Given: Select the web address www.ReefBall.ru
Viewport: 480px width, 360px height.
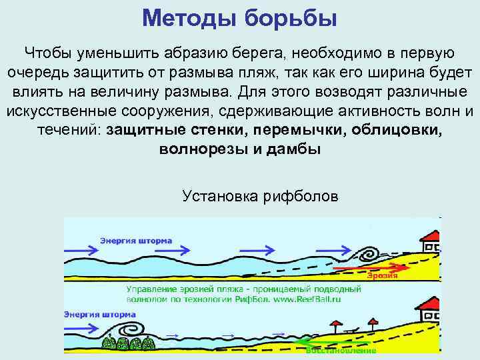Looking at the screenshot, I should (314, 299).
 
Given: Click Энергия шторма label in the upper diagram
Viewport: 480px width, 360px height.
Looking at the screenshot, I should (136, 240).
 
